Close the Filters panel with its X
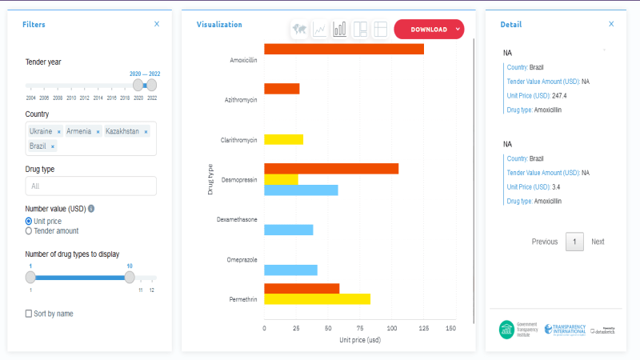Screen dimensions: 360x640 (x=157, y=25)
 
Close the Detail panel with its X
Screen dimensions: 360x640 (x=611, y=25)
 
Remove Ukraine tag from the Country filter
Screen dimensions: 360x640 (x=59, y=131)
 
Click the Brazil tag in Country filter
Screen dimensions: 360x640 (x=38, y=146)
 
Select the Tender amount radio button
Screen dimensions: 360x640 (x=30, y=230)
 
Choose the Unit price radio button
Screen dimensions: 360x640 (x=30, y=221)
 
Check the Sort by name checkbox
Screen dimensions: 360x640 (x=30, y=314)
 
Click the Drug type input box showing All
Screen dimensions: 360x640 (x=90, y=186)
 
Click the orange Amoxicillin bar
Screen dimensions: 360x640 (x=344, y=50)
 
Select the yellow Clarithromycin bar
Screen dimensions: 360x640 (x=283, y=139)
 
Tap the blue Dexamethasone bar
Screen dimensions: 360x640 (x=288, y=230)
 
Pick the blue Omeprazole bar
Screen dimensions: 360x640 (x=290, y=270)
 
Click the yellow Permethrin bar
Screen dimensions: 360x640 (x=317, y=299)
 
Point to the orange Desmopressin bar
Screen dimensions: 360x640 (x=331, y=169)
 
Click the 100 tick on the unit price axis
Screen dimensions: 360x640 (x=391, y=328)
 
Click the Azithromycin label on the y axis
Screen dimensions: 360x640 (x=241, y=100)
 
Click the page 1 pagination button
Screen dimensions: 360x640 (x=574, y=242)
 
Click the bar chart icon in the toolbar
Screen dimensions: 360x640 (x=340, y=30)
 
